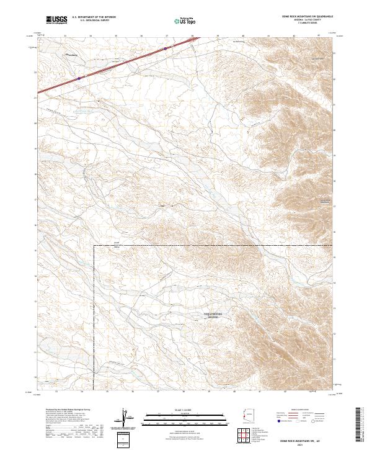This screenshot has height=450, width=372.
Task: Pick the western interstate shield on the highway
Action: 79,78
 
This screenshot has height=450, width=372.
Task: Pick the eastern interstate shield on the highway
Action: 166,47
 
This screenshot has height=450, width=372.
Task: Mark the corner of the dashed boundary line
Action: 94,246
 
